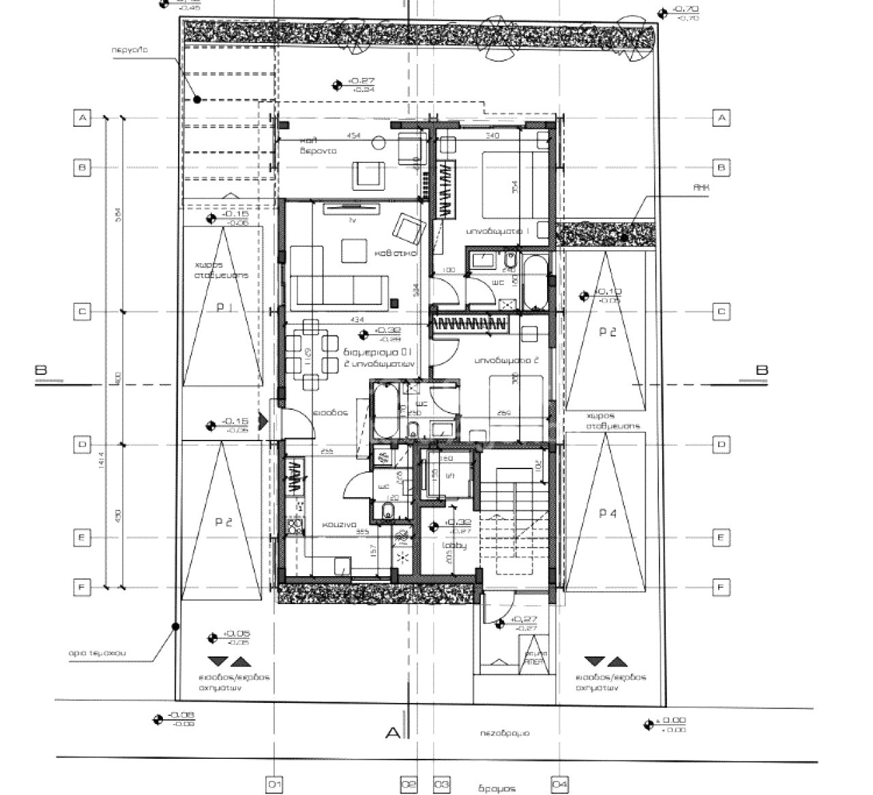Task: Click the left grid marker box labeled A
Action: pyautogui.click(x=82, y=119)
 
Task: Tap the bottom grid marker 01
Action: pyautogui.click(x=275, y=785)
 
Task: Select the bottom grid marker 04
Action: pyautogui.click(x=559, y=785)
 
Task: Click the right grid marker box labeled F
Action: pyautogui.click(x=722, y=586)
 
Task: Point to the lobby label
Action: pyautogui.click(x=448, y=545)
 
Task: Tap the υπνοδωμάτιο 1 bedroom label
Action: pyautogui.click(x=498, y=232)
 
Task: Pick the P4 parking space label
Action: pyautogui.click(x=607, y=513)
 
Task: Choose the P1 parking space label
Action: pyautogui.click(x=224, y=307)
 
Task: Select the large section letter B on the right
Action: pyautogui.click(x=762, y=370)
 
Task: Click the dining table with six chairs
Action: pyautogui.click(x=310, y=352)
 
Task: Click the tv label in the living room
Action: pyautogui.click(x=353, y=220)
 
